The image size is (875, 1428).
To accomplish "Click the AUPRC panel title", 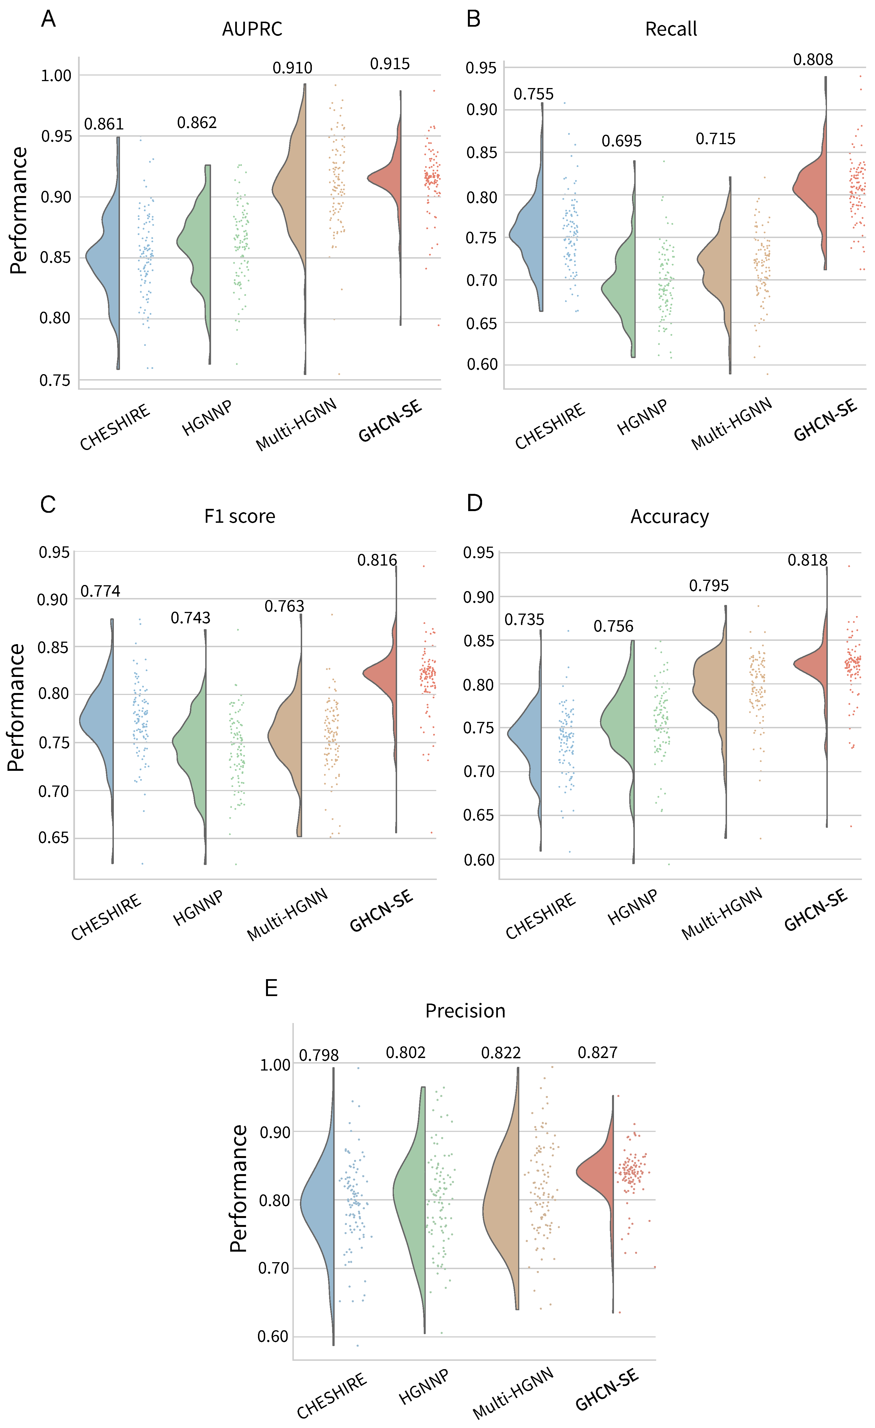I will click(252, 29).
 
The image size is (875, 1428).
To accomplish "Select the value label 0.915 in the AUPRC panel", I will click(390, 64).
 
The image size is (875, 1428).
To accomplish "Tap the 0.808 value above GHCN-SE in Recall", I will click(813, 60).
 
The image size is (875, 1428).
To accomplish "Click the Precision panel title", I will click(465, 1011).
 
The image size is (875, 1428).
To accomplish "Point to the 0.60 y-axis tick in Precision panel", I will click(273, 1336).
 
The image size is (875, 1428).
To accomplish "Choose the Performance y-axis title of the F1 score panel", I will click(16, 707).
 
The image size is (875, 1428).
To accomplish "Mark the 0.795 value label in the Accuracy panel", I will click(709, 586).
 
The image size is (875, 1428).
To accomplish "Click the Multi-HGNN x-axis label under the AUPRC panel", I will click(297, 425).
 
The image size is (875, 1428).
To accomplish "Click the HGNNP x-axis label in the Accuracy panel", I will click(633, 907).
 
